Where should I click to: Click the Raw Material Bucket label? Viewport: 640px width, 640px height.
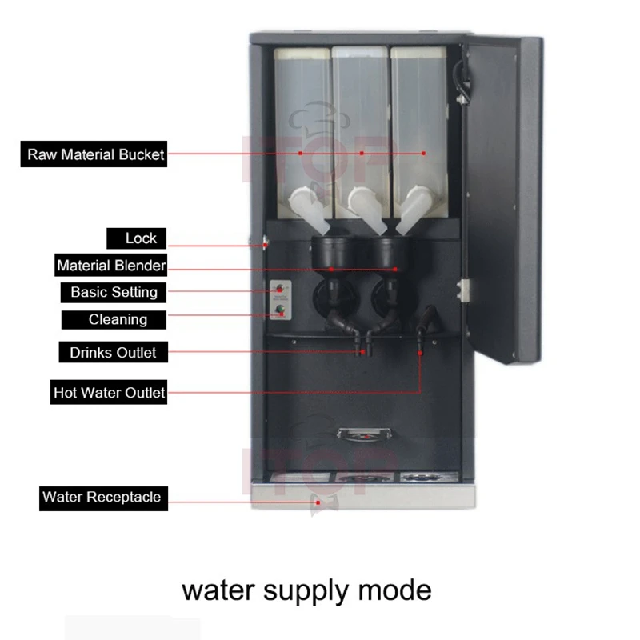coord(94,154)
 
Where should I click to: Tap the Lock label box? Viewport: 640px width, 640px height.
coord(136,238)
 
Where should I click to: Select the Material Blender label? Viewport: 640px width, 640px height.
coord(110,266)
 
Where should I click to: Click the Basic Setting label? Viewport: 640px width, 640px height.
coord(114,292)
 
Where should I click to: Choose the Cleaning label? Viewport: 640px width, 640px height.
coord(114,319)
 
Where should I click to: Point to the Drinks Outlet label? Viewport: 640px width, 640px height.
coord(113,352)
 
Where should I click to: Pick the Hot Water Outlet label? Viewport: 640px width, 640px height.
coord(109,392)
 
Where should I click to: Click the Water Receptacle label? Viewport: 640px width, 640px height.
coord(103,498)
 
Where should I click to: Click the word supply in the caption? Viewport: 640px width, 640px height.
coord(306,592)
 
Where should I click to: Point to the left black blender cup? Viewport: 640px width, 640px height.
coord(331,251)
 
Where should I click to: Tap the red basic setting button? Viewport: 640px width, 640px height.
coord(279,289)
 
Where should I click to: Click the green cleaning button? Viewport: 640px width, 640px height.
coord(280,310)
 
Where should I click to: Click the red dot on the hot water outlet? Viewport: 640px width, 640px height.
coord(420,353)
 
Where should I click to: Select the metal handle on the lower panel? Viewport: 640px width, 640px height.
coord(364,433)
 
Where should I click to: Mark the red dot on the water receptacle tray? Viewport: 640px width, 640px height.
coord(318,502)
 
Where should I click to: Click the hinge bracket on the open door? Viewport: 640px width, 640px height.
coord(463,290)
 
